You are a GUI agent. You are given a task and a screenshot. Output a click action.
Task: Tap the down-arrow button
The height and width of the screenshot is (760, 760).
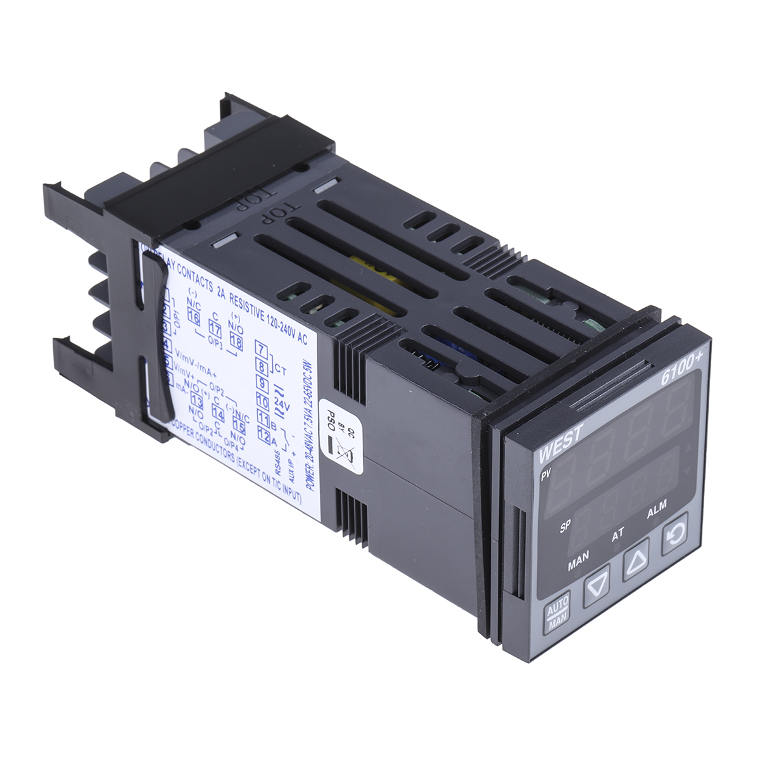[596, 587]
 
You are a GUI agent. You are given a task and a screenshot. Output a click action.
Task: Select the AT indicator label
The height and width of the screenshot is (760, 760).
[618, 534]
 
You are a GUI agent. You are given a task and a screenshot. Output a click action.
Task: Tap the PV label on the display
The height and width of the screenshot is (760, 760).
[545, 476]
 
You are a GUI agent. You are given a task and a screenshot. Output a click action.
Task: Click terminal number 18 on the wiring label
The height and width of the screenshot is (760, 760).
[236, 343]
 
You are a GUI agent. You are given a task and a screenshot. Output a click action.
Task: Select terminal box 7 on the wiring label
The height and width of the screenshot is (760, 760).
[260, 349]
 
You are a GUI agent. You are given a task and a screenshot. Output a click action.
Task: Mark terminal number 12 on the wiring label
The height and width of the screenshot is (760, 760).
[265, 436]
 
